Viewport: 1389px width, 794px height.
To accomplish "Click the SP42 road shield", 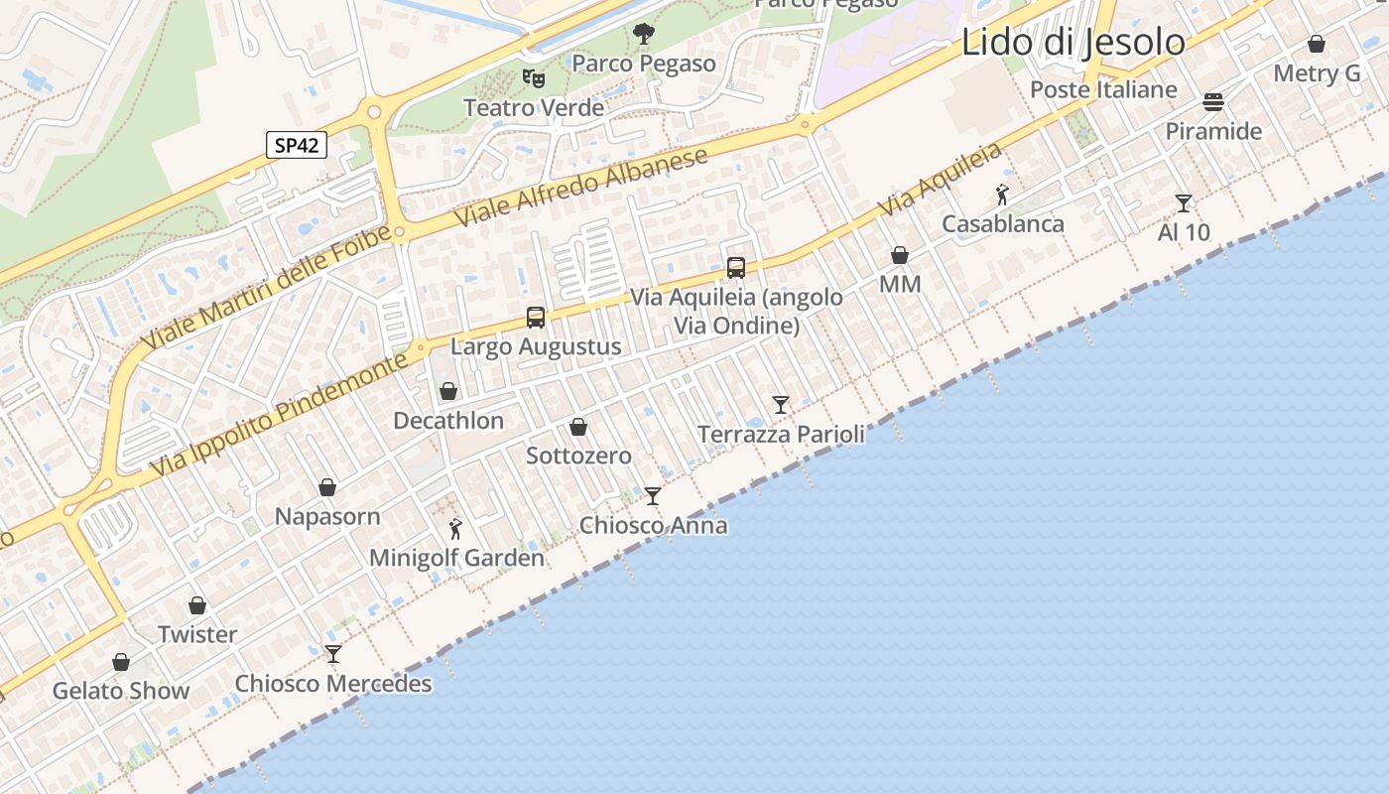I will [297, 145].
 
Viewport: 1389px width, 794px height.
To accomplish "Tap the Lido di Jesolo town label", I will [1073, 42].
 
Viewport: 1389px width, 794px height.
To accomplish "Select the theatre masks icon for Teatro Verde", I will [534, 77].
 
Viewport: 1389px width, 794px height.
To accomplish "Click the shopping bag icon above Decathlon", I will [448, 391].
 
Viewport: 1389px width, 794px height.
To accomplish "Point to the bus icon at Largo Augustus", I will [536, 318].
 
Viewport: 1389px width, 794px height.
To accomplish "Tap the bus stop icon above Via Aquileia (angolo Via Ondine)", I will [736, 267].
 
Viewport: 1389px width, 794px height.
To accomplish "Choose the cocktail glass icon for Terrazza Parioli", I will [781, 405].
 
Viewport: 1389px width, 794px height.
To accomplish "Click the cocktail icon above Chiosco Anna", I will [653, 496].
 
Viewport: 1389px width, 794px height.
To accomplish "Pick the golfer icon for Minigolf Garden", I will [456, 529].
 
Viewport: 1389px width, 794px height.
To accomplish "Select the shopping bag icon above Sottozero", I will [578, 427].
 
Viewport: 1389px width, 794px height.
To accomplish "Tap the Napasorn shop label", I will [327, 517].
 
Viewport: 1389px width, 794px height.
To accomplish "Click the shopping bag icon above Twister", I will [197, 605].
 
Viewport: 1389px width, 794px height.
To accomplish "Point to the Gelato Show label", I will [121, 691].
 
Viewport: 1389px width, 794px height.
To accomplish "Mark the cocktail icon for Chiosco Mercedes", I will [333, 654].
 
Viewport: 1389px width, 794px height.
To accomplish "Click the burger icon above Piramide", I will [1213, 102].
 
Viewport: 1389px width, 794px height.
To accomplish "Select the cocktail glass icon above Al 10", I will [1184, 203].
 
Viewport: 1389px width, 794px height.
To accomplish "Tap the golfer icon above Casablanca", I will [1002, 195].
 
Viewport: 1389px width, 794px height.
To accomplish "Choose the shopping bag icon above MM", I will [900, 255].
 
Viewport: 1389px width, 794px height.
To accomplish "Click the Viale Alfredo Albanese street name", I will [581, 188].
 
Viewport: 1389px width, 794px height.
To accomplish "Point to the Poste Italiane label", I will [1103, 89].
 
